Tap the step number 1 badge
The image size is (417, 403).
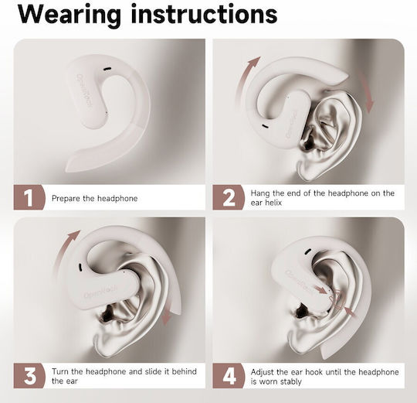click(x=29, y=197)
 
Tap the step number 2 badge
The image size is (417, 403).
click(x=229, y=197)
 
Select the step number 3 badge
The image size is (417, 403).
click(x=29, y=376)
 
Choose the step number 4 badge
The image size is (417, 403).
click(x=229, y=376)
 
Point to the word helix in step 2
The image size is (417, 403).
click(x=273, y=203)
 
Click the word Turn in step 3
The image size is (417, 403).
click(x=60, y=371)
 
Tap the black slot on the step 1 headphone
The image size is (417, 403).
click(x=107, y=69)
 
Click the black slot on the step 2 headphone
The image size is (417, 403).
click(x=265, y=127)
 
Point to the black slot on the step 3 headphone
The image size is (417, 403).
click(x=80, y=268)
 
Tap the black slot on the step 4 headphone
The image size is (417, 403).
click(x=308, y=251)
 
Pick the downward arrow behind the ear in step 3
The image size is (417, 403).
click(x=167, y=314)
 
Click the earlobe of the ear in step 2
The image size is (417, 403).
click(x=306, y=170)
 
